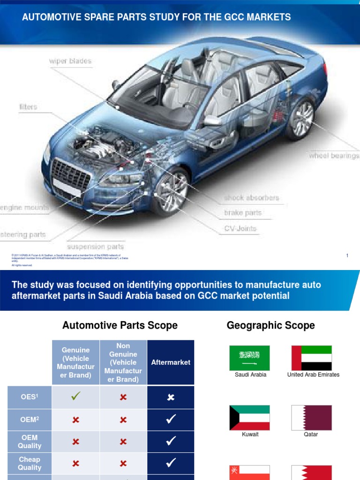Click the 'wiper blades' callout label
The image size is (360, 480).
pos(70,61)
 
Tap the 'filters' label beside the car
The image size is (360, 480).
pos(28,107)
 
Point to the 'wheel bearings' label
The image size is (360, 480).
pos(334,156)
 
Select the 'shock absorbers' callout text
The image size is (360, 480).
pos(251,198)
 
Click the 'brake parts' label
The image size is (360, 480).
pos(242,213)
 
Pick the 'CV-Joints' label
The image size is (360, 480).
pos(240,229)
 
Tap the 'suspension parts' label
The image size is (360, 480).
pos(96,247)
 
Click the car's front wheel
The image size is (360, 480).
pos(170,192)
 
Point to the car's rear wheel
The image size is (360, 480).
pos(300,119)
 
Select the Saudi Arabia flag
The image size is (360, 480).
pos(249,358)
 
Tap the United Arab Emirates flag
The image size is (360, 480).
pos(311,358)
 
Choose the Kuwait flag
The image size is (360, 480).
pos(249,418)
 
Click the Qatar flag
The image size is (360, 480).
pos(311,418)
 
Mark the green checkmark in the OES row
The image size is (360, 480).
pos(76,397)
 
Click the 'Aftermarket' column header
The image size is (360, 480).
pos(171,362)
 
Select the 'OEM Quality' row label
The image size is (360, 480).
pos(30,442)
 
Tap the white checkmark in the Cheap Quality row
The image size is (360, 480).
pos(171,463)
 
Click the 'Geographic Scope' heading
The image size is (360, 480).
pos(270,325)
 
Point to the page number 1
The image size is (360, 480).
pos(347,255)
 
